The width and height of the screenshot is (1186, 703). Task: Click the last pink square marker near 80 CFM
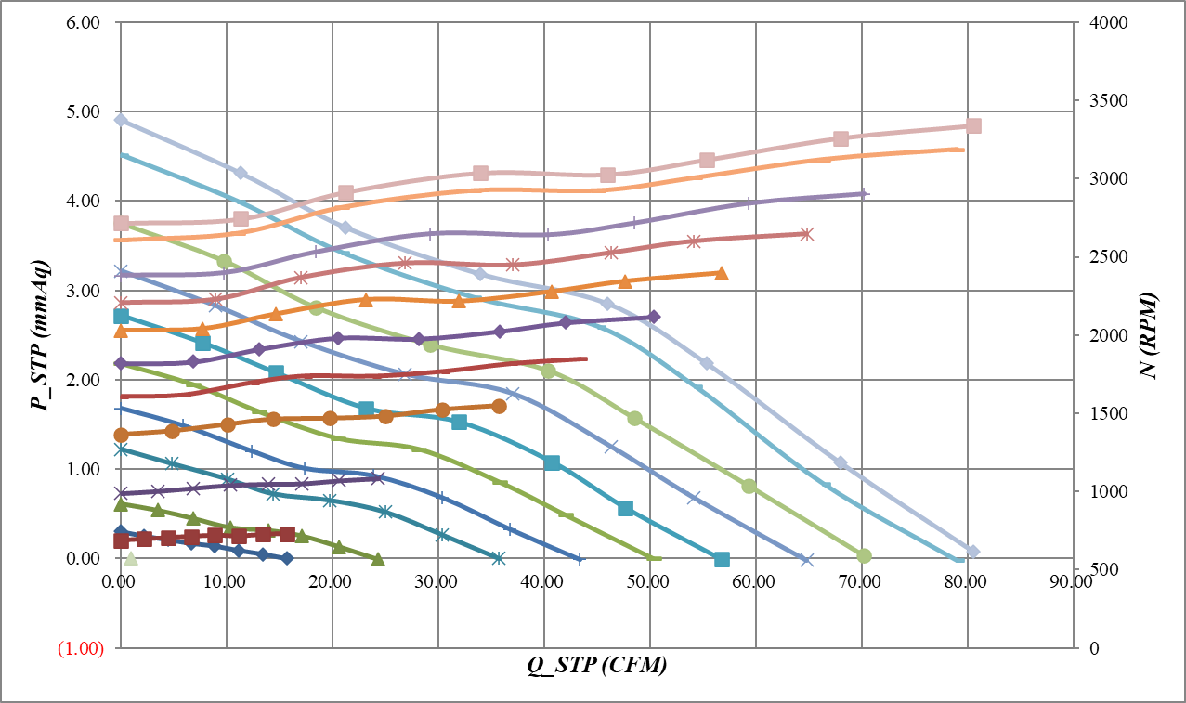coord(973,126)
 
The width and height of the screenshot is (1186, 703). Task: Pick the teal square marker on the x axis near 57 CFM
coord(722,559)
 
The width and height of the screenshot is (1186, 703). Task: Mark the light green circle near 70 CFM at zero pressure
coord(864,555)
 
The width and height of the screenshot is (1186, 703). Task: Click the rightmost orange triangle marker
coord(722,273)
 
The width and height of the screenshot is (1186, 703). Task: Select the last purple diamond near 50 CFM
coord(654,317)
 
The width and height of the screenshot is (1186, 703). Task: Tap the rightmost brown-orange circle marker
coord(499,406)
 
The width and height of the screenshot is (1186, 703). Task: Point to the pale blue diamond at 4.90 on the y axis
coord(121,120)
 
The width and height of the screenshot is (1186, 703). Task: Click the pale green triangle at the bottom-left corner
coord(131,558)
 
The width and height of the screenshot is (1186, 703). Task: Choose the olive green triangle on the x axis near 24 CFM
coord(377,559)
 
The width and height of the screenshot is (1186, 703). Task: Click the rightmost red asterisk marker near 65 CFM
coord(806,234)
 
